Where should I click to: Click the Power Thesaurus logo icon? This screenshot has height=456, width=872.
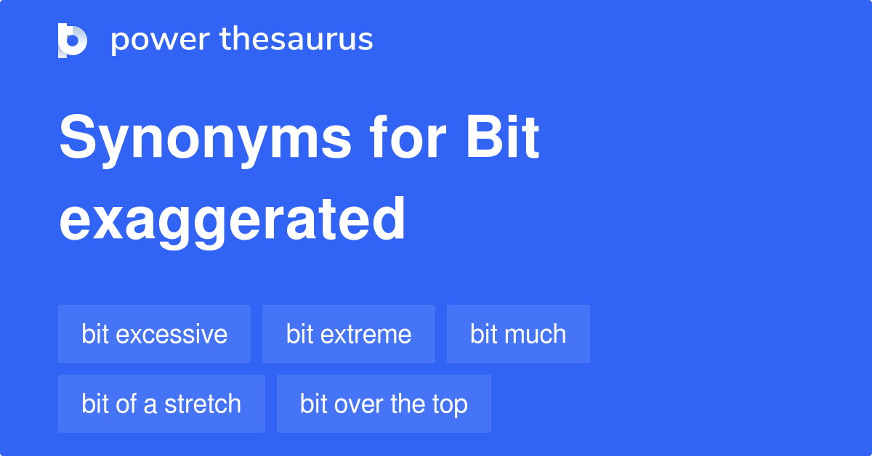tap(72, 40)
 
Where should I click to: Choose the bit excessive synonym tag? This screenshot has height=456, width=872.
tap(154, 334)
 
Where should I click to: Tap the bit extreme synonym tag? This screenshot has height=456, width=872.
tap(349, 334)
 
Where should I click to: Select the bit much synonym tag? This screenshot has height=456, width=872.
tap(518, 334)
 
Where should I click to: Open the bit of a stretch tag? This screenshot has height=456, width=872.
tap(161, 404)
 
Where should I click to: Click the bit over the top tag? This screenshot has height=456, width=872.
tap(384, 404)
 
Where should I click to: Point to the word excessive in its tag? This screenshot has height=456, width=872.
tap(171, 334)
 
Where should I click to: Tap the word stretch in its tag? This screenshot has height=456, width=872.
tap(203, 404)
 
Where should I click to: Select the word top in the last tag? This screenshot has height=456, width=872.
tap(451, 404)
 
